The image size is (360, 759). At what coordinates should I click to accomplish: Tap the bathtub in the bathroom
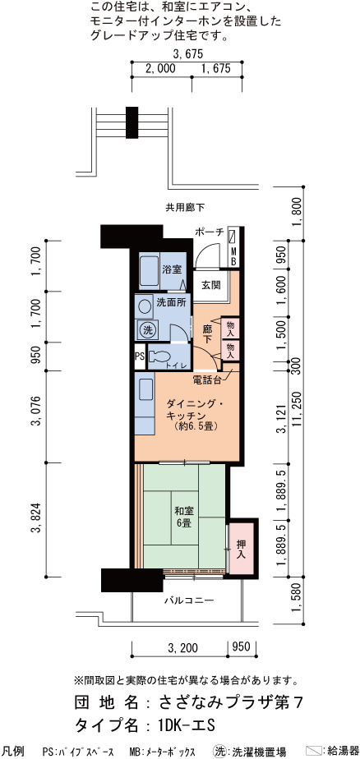150,271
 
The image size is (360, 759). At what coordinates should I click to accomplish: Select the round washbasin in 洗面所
145,306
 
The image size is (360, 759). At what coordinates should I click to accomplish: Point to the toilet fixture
157,357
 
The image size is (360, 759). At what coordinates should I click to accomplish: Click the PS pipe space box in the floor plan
140,357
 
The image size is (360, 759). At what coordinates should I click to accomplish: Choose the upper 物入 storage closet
229,329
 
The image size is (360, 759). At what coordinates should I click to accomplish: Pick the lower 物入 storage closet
229,349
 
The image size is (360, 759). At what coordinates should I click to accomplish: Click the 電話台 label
207,379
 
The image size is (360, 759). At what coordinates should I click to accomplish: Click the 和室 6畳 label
183,517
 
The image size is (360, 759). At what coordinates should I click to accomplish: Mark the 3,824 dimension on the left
35,520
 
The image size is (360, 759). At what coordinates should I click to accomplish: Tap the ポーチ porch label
210,232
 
